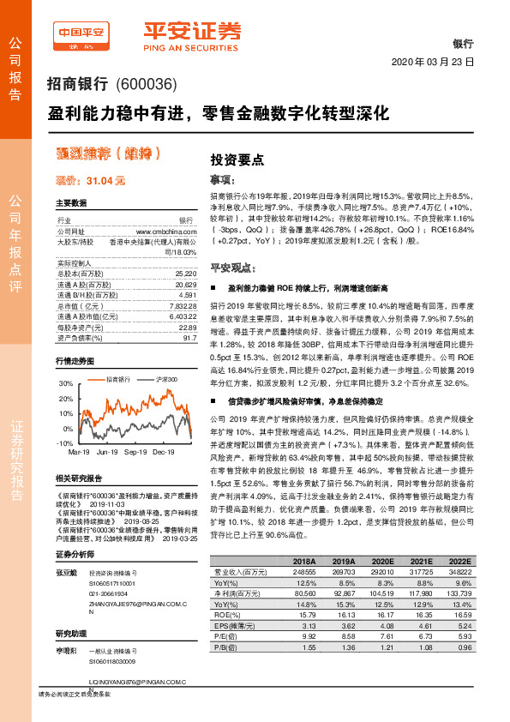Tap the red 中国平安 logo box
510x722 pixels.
(x=83, y=35)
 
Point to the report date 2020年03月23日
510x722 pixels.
(x=432, y=63)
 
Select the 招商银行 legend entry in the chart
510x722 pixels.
(x=113, y=378)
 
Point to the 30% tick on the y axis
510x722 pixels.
(x=66, y=384)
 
